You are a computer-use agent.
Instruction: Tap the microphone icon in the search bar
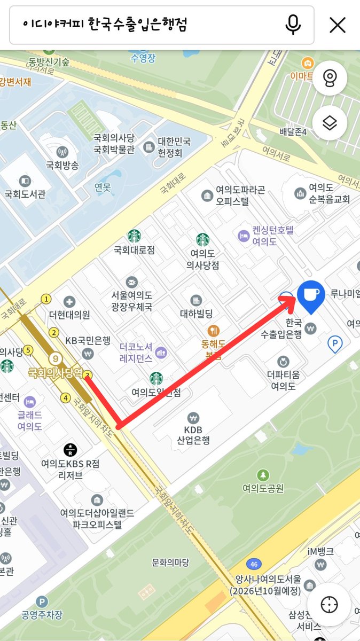coord(293,25)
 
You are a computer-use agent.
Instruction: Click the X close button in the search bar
coord(338,25)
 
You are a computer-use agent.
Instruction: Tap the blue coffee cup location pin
coord(310,295)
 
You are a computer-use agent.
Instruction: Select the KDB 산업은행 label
coord(193,435)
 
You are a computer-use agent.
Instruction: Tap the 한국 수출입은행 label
coord(281,329)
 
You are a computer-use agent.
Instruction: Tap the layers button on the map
coord(330,123)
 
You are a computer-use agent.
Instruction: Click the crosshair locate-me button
coord(330,605)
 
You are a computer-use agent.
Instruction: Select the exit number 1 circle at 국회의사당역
coord(47,299)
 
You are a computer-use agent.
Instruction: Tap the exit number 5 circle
coord(28,350)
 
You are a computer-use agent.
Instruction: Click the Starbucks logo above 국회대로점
coord(134,236)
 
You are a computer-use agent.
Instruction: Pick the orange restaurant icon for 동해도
coord(213,331)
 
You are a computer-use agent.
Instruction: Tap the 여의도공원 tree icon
coord(263,475)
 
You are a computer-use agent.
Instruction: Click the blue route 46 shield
coord(254,564)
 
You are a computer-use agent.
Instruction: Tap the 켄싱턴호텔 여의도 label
coord(265,236)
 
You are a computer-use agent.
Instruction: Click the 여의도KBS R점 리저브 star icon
coord(69,449)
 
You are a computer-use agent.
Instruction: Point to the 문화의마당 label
coord(170,562)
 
